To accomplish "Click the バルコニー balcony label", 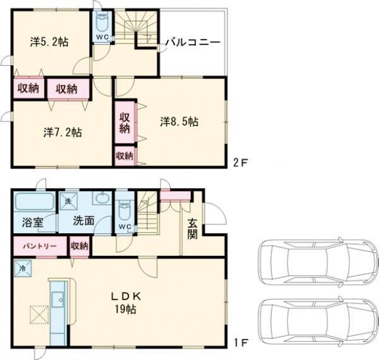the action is [x=193, y=42].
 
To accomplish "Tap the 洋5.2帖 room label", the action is [x=49, y=42].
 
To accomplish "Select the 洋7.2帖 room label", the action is [x=63, y=133].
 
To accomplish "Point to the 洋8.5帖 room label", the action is [x=179, y=121].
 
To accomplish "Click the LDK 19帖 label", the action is [x=126, y=303].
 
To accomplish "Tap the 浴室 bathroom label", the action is [x=33, y=222].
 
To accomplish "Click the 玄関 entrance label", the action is [x=193, y=229].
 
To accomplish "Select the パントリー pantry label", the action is [x=40, y=246].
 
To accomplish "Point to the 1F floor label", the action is [x=241, y=342].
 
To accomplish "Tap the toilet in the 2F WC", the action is [x=102, y=23].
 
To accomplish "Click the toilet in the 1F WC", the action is [x=124, y=211].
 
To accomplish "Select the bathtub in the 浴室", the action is [x=35, y=201].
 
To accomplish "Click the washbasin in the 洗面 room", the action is [x=102, y=198].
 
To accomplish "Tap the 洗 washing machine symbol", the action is [x=68, y=201].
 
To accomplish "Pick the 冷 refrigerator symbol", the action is [x=23, y=268].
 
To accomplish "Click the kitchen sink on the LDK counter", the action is [x=57, y=299].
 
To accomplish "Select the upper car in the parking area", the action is [x=318, y=262].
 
